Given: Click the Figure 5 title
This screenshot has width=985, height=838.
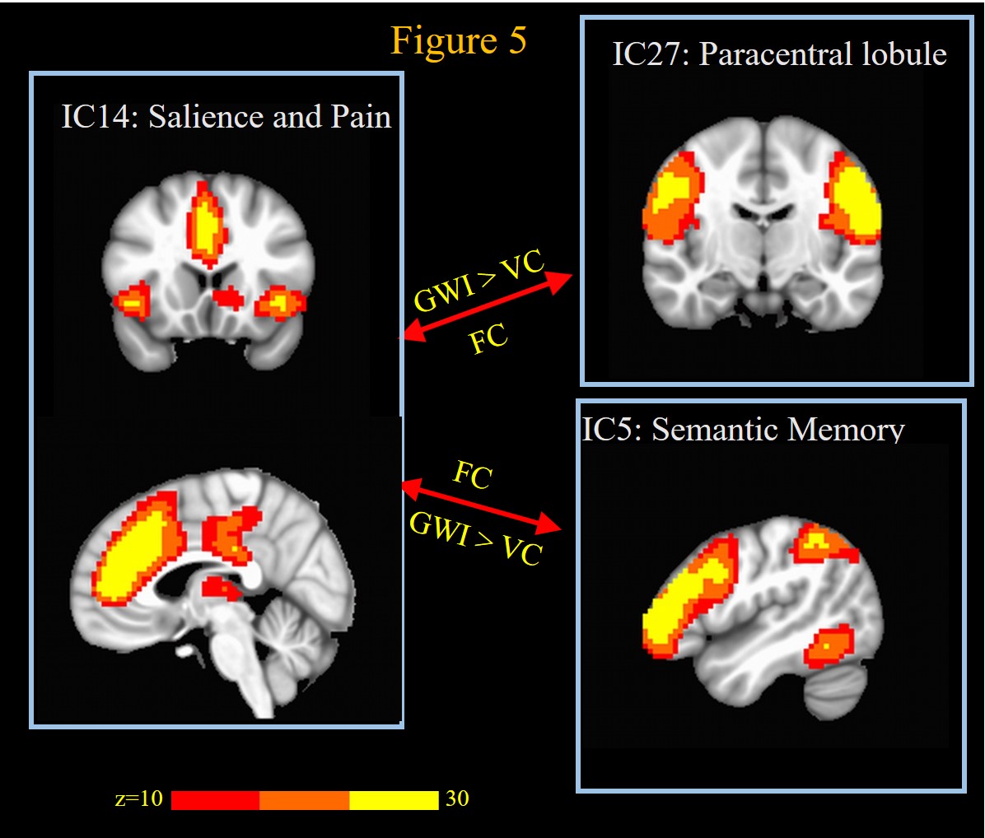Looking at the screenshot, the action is pyautogui.click(x=458, y=40).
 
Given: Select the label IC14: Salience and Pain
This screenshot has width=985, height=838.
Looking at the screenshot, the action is pyautogui.click(x=226, y=117).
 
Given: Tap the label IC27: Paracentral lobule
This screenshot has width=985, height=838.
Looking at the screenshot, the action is pyautogui.click(x=779, y=54).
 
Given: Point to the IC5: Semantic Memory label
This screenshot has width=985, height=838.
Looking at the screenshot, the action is pyautogui.click(x=744, y=430).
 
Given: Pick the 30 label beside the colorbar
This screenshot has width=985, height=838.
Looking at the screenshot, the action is pyautogui.click(x=457, y=798).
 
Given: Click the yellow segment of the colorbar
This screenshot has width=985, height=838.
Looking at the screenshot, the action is pyautogui.click(x=394, y=800).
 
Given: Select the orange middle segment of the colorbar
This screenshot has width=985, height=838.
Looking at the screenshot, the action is pyautogui.click(x=304, y=800).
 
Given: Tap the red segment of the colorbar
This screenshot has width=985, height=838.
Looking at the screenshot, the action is pyautogui.click(x=215, y=800).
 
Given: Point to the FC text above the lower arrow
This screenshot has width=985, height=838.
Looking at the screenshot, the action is pyautogui.click(x=473, y=474).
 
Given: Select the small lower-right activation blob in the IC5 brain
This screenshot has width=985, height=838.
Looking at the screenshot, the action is pyautogui.click(x=829, y=645).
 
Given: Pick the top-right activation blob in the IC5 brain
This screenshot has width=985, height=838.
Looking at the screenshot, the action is pyautogui.click(x=823, y=542).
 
